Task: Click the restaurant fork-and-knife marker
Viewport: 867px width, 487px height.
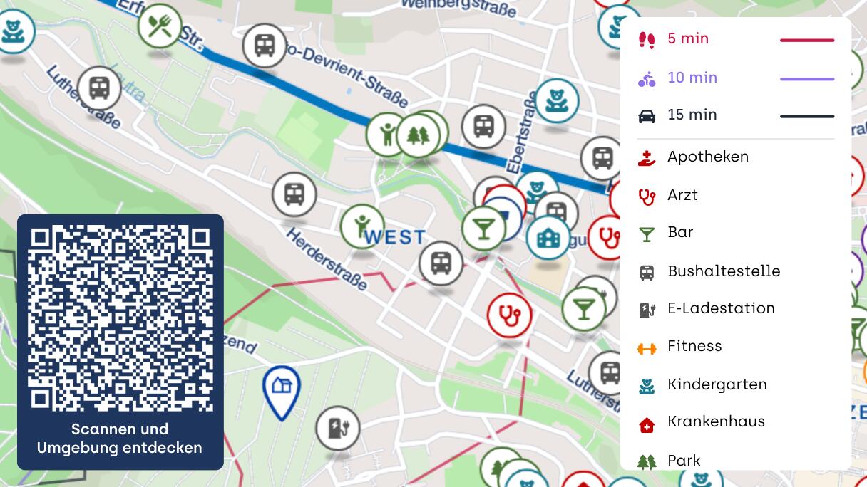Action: [160, 26]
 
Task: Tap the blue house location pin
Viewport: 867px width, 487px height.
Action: [282, 388]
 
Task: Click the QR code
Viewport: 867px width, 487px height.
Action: [120, 318]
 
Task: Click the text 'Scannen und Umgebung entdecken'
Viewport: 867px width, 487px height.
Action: [120, 439]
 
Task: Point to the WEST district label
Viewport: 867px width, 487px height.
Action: [395, 237]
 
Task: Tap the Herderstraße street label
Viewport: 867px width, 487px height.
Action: [327, 259]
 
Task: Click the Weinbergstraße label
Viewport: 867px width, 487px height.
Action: [458, 7]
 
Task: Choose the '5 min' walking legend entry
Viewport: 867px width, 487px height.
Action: [687, 39]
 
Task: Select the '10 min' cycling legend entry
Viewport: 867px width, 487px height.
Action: [692, 78]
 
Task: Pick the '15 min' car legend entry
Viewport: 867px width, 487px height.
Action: [692, 115]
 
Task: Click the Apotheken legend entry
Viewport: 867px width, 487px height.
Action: [707, 157]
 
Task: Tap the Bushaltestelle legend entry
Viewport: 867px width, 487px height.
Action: [723, 271]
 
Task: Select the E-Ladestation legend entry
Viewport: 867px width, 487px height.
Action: [720, 308]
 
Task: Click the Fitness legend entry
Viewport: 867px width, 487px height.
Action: [694, 347]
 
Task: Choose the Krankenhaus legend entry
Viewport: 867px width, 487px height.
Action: [715, 421]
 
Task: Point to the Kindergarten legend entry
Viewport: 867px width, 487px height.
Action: [717, 384]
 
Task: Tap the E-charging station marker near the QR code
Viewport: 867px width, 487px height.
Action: [337, 428]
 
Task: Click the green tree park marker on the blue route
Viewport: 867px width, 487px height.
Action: [418, 135]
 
